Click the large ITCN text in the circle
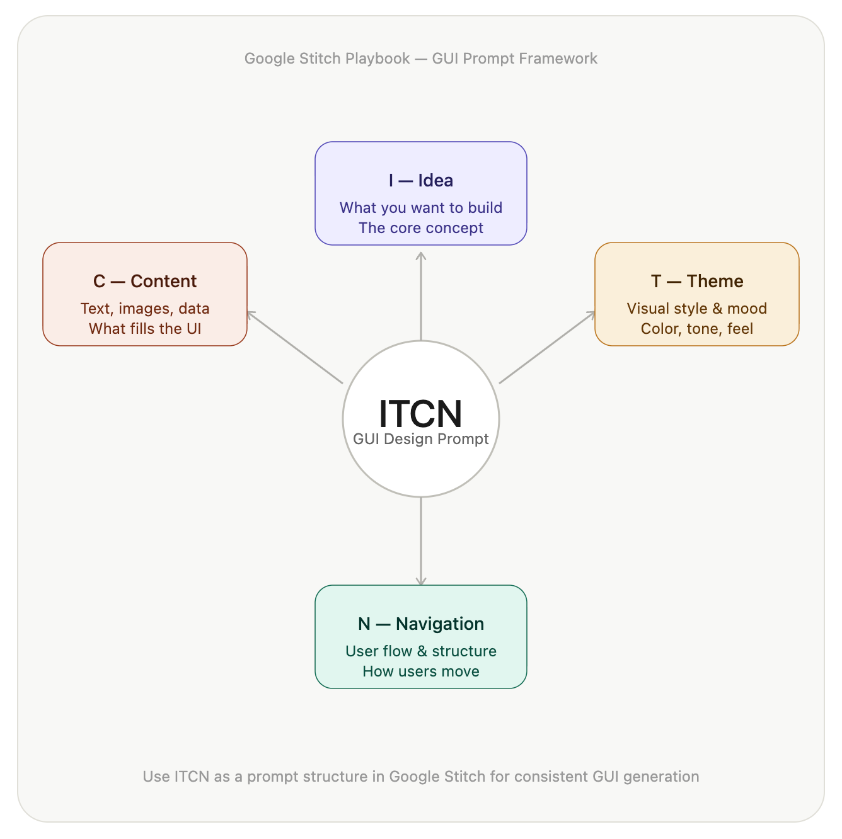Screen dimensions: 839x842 coord(420,413)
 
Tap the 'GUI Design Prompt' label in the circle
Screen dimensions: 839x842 coord(420,439)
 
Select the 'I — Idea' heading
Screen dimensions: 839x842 coord(420,181)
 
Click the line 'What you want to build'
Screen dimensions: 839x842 coord(420,208)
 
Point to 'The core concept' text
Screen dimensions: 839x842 coord(420,228)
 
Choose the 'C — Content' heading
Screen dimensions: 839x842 coord(145,282)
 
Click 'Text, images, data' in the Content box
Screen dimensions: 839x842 coord(145,309)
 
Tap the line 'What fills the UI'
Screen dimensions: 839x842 coord(145,329)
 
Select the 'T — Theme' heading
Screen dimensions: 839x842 coord(697,282)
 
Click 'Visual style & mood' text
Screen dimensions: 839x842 coord(697,309)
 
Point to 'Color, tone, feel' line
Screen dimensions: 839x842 coord(697,329)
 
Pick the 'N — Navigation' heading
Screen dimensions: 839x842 coord(420,624)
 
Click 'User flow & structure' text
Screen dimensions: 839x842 coord(420,651)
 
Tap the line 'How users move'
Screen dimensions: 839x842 coord(420,671)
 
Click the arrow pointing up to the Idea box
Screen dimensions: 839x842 coord(421,296)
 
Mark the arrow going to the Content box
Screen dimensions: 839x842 coord(295,347)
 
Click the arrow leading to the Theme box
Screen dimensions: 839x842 coord(547,347)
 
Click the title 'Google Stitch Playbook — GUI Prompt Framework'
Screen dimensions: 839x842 coord(420,59)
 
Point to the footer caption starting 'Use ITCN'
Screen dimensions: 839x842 coord(420,777)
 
